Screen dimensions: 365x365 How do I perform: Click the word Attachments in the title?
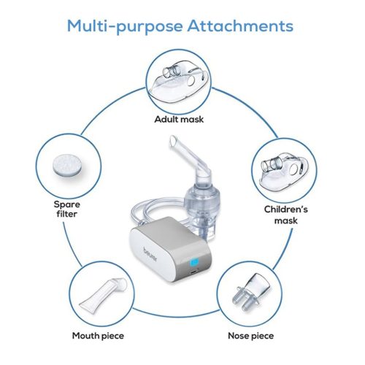pos(240,26)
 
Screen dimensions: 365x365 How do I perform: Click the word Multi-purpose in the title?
pos(125,26)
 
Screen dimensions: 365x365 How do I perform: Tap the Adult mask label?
pos(179,119)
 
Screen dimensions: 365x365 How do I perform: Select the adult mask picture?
pos(179,82)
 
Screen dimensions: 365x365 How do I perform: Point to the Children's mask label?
pos(286,215)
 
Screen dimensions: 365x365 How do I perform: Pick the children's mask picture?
pos(284,171)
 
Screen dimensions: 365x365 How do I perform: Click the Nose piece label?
pos(251,336)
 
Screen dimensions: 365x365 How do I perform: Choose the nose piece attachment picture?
pos(250,292)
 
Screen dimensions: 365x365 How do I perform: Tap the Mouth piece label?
pos(98,336)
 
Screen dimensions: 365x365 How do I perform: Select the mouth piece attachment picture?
pos(104,294)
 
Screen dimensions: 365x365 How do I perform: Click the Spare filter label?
pos(66,209)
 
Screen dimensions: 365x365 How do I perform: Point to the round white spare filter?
pos(67,165)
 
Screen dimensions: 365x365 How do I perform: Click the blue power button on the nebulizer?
pos(194,262)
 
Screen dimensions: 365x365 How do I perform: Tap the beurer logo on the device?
pos(150,255)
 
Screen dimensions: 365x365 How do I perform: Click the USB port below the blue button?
pos(193,272)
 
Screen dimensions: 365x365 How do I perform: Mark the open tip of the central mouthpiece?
pos(173,141)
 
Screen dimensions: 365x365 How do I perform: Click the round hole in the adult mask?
pos(191,80)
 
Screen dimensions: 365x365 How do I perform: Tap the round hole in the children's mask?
pos(294,169)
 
